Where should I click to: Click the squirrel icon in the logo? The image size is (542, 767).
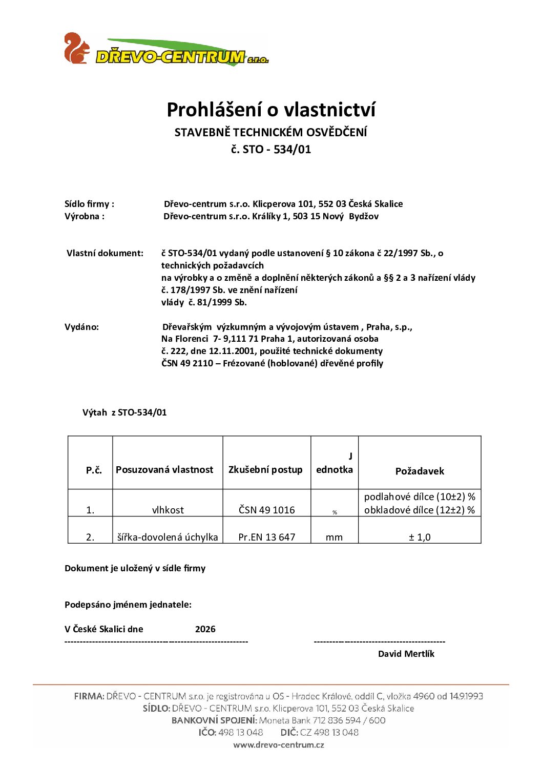click(76, 49)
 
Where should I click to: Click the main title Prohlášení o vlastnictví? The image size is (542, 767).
click(271, 110)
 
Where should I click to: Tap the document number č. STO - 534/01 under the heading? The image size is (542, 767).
click(270, 150)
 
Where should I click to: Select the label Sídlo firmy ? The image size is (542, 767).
click(89, 204)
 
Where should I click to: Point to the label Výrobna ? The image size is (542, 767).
click(85, 216)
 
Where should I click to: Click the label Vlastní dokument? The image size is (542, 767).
click(105, 253)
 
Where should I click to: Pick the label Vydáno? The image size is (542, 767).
click(81, 327)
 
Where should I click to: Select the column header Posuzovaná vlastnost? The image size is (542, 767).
click(164, 469)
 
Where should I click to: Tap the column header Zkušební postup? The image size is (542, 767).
click(265, 469)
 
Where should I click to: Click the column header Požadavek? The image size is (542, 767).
click(420, 471)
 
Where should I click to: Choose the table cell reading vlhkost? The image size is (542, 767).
click(168, 510)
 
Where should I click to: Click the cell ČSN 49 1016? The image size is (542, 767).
click(267, 510)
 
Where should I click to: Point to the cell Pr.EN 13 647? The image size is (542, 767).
click(267, 537)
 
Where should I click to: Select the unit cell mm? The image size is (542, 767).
click(334, 537)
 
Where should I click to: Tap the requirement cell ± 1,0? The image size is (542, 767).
click(420, 537)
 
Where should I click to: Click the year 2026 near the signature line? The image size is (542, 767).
click(205, 629)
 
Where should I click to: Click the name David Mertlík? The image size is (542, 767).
click(406, 654)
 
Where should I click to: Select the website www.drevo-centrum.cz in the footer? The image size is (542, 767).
click(279, 745)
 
